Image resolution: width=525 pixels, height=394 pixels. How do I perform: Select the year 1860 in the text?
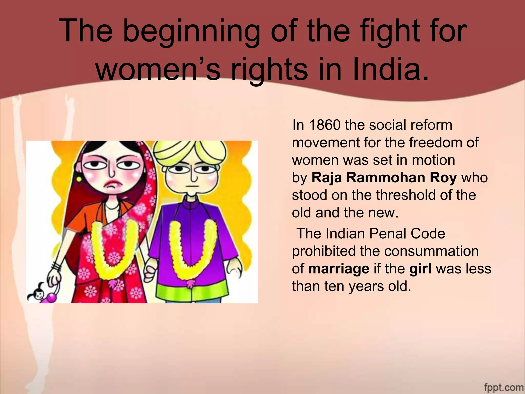click(x=325, y=125)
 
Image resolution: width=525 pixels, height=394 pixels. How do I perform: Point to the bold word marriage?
click(x=338, y=269)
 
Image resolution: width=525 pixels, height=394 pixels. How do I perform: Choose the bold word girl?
click(x=420, y=269)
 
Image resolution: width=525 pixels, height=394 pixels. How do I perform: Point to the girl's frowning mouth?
click(x=112, y=185)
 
